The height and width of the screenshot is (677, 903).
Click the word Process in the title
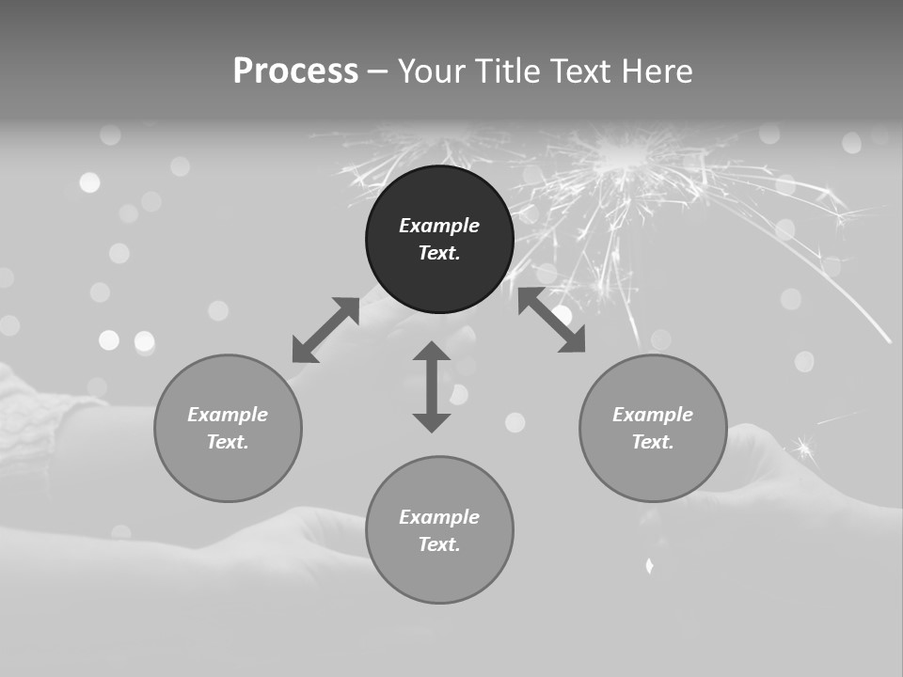pos(295,71)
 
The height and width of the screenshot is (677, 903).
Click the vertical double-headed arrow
pos(432,387)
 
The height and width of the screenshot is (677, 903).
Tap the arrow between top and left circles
pos(325,330)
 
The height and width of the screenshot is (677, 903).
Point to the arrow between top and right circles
pos(552,321)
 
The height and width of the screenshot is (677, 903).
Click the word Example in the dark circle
pos(439,226)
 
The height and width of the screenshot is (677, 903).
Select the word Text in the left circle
pos(228,442)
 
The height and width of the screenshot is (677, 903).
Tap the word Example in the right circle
pos(653,415)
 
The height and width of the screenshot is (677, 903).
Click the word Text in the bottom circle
pos(439,544)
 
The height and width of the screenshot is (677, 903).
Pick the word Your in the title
pos(433,71)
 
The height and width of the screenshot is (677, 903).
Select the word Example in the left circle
pos(228,415)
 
